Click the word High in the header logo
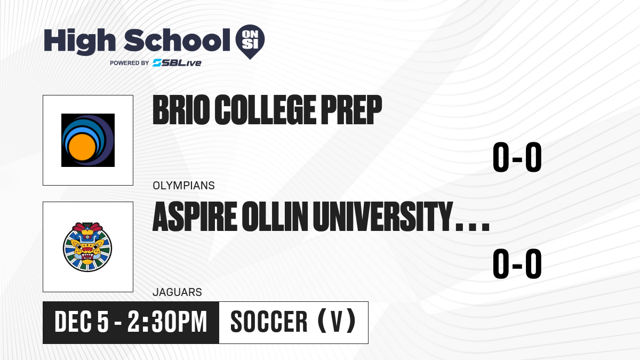point(79,41)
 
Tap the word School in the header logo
point(177,41)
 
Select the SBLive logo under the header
point(177,63)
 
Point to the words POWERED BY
point(130,63)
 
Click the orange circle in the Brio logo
point(82,147)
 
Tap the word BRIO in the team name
point(181,110)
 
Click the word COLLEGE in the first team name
point(266,110)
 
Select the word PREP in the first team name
point(351,110)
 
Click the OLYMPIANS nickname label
point(183,186)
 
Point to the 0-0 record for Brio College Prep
point(517,157)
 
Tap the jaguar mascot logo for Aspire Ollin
point(87,247)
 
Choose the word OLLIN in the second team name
point(275,217)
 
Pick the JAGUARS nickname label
point(178,292)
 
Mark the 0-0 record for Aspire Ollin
point(517,263)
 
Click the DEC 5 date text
point(82,322)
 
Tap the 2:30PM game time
point(167,322)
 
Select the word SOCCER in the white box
point(269,322)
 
